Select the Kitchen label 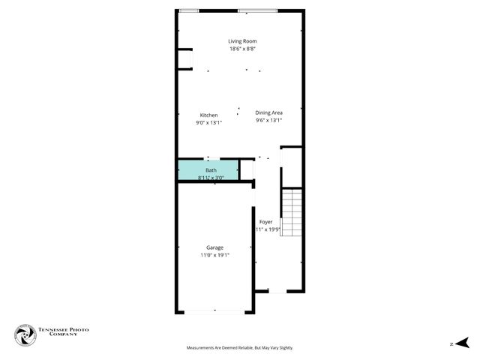coord(208,115)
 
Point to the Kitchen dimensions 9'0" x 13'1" coord(208,122)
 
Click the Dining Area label coord(268,112)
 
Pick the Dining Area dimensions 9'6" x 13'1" coord(268,120)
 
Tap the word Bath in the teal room coord(211,171)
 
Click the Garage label coord(214,247)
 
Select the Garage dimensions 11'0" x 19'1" coord(214,255)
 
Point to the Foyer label coord(265,222)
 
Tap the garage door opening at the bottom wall coord(214,311)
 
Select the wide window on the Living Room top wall coord(257,10)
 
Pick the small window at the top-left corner coord(189,10)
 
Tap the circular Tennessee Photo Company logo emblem coord(25,335)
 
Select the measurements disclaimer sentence coord(239,348)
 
